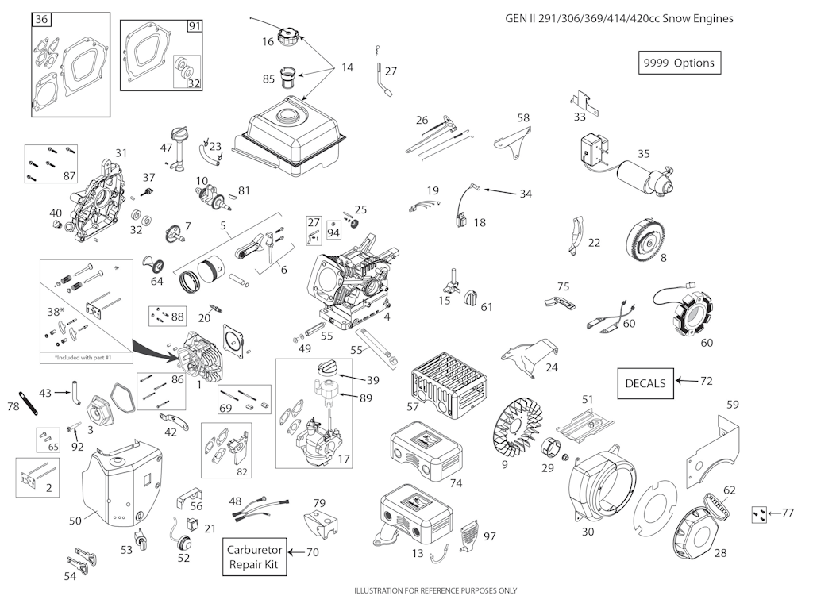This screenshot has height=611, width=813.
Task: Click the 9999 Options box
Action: coord(680,63)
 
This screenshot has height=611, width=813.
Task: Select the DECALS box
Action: coord(645,382)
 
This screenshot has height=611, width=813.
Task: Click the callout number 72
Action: coord(706,382)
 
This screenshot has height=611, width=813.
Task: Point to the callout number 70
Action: coord(313,552)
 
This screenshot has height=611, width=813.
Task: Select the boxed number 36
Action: coord(42,19)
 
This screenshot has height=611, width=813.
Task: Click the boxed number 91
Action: coord(195,26)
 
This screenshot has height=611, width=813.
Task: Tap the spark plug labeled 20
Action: coord(213,308)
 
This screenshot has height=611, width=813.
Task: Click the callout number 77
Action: coord(788,513)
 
